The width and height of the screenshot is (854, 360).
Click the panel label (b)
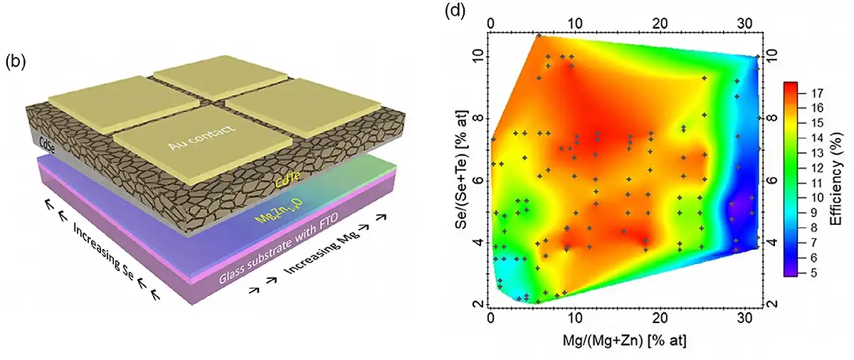point(16,62)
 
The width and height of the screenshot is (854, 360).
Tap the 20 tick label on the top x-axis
point(660,23)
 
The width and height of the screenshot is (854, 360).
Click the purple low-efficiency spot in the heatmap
point(740,208)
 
